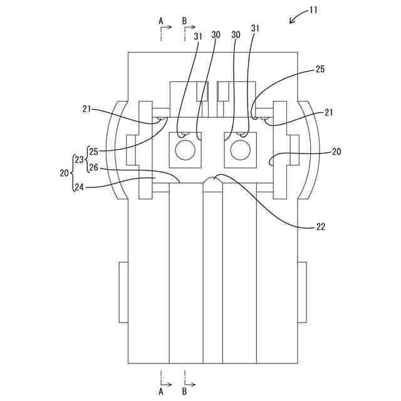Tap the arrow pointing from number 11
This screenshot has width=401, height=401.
pyautogui.click(x=294, y=19)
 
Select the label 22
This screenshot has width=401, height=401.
pyautogui.click(x=320, y=227)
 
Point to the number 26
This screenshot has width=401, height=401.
pyautogui.click(x=93, y=168)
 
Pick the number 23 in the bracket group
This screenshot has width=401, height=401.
pyautogui.click(x=78, y=159)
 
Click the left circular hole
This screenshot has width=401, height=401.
pyautogui.click(x=185, y=149)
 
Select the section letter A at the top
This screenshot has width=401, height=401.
pyautogui.click(x=161, y=21)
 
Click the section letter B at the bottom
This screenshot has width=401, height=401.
pyautogui.click(x=185, y=392)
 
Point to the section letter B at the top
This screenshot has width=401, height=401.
pyautogui.click(x=185, y=21)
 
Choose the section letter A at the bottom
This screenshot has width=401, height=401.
pyautogui.click(x=161, y=392)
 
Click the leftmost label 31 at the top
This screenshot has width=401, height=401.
pyautogui.click(x=198, y=36)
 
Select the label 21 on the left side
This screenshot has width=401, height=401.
pyautogui.click(x=87, y=109)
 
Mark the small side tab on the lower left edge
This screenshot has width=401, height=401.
pyautogui.click(x=123, y=292)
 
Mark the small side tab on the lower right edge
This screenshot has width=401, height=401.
pyautogui.click(x=303, y=292)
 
